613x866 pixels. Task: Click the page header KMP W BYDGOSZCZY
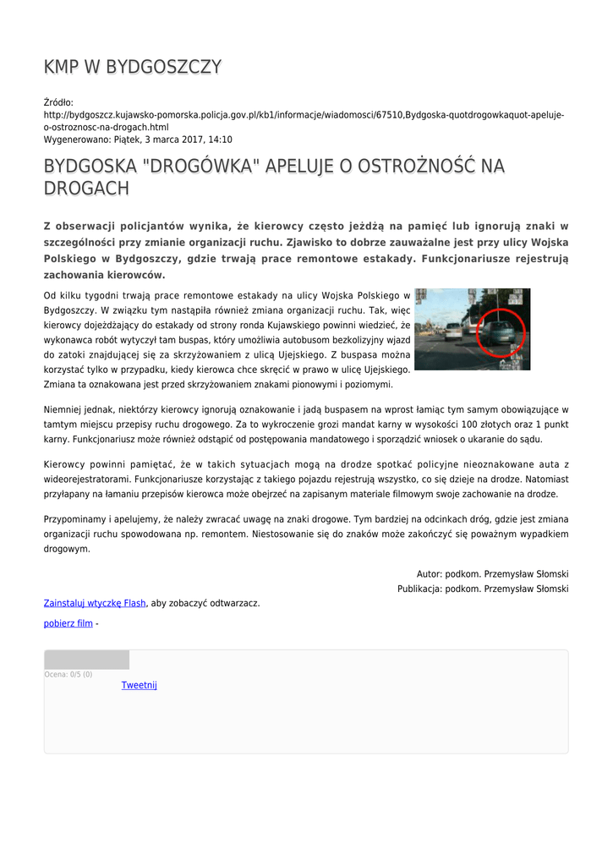pyautogui.click(x=133, y=68)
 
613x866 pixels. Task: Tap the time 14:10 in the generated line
pyautogui.click(x=219, y=140)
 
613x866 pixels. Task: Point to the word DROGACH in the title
pyautogui.click(x=86, y=189)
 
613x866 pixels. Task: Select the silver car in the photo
pyautogui.click(x=453, y=329)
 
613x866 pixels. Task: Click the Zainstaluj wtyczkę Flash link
pyautogui.click(x=95, y=603)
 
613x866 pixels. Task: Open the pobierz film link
pyautogui.click(x=68, y=623)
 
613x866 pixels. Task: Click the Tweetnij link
pyautogui.click(x=139, y=685)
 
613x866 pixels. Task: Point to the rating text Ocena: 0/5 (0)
pyautogui.click(x=68, y=674)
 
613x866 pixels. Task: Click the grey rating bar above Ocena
pyautogui.click(x=86, y=660)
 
